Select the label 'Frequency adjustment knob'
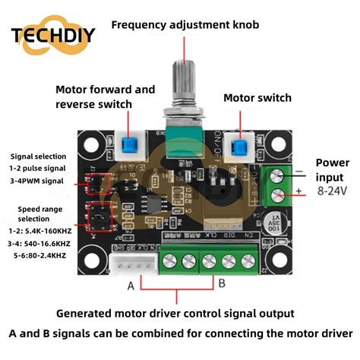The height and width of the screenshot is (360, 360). pyautogui.click(x=185, y=25)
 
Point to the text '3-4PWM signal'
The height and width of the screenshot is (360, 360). pyautogui.click(x=36, y=181)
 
